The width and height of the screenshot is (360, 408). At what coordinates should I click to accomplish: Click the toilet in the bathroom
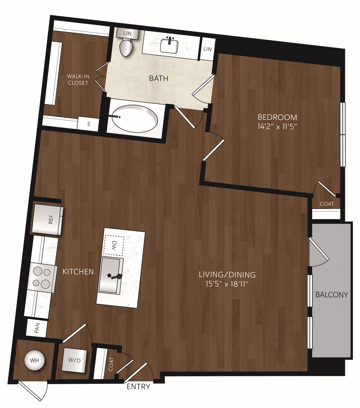126,48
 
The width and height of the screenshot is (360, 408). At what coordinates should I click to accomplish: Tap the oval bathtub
135,118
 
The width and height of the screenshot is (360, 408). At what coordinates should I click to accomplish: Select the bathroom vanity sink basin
169,46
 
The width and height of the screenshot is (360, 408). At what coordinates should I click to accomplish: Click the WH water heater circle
34,360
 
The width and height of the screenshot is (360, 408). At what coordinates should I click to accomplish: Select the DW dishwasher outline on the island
114,245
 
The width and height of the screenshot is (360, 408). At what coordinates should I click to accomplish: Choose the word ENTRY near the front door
138,387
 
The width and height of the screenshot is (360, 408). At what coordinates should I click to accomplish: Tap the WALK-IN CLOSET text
78,79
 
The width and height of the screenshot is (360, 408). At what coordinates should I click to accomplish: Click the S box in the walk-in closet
89,124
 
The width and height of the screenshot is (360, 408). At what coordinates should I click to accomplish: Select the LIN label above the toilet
127,33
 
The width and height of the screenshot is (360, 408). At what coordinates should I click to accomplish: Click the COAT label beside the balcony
327,204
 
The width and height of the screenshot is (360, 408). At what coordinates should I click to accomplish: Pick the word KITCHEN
78,272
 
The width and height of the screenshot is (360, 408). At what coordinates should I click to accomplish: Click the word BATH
159,78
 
